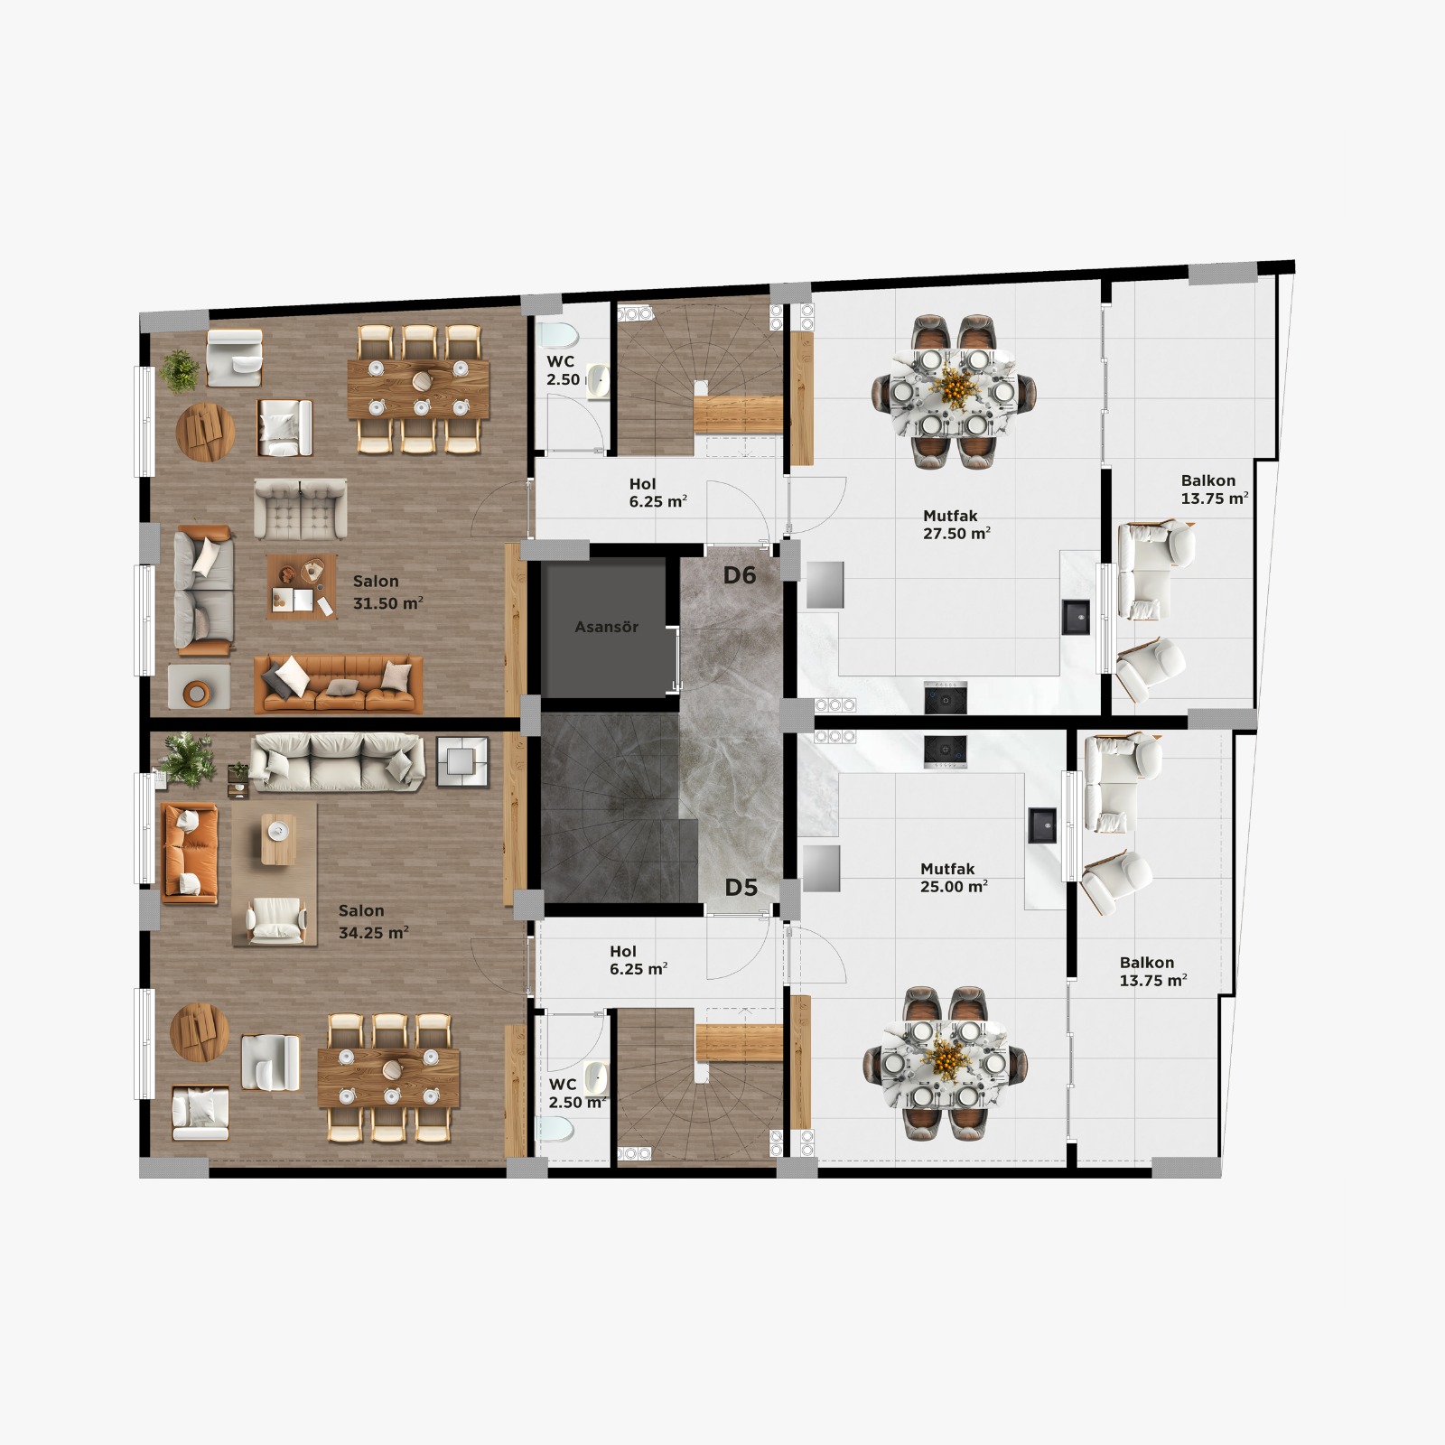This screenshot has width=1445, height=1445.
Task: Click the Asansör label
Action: (607, 627)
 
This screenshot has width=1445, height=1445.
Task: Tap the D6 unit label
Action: (739, 575)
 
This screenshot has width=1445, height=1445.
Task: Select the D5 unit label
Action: (741, 888)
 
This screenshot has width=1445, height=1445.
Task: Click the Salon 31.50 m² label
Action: (388, 592)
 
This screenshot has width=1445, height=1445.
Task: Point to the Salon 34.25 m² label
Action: (374, 922)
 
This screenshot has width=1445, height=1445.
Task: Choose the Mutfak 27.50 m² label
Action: (956, 525)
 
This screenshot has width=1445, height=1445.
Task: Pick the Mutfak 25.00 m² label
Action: (954, 878)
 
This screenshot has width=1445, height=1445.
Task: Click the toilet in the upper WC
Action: (558, 335)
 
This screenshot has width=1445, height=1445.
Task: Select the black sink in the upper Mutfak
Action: (1076, 617)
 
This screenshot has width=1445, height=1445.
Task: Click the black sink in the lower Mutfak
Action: (1042, 825)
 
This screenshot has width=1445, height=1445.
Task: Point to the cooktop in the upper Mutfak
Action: (946, 697)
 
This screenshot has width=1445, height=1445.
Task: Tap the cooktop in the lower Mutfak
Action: (946, 751)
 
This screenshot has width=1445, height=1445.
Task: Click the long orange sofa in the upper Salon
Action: (339, 684)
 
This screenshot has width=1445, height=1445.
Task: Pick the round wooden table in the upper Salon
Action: (205, 432)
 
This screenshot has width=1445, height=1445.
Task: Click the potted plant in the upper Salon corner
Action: (181, 370)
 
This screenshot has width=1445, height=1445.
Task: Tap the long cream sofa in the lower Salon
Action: (337, 762)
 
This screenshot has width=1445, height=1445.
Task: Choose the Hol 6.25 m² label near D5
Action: (639, 960)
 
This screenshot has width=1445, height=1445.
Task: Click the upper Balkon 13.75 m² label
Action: (1215, 489)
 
